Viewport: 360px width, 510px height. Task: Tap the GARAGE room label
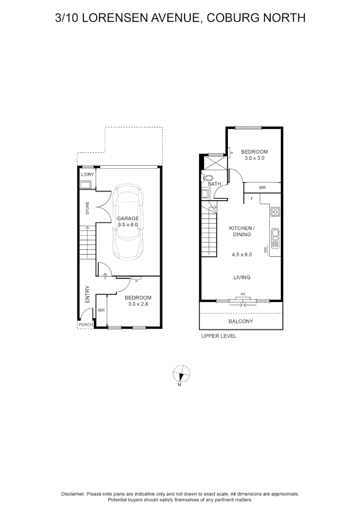coord(128,218)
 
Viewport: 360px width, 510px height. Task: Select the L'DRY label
coord(87,175)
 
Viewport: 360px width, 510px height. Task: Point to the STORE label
coord(87,208)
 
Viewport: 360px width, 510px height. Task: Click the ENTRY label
coord(87,295)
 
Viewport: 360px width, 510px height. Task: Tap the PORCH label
coord(85,324)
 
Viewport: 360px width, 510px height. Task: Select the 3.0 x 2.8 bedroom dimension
coord(138,305)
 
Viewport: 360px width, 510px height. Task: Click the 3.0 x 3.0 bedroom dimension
coord(254,159)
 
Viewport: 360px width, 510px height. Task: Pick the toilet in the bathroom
coord(208,178)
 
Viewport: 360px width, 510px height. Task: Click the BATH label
coord(214,184)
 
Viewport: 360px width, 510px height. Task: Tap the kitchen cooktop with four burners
coord(275,212)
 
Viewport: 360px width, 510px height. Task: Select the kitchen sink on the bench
coord(276,235)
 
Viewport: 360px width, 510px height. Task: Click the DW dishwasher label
coord(266,250)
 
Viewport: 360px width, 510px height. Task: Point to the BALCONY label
coord(241,322)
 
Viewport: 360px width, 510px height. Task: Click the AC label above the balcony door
coord(243,294)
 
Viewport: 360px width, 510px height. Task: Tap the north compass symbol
coord(181,374)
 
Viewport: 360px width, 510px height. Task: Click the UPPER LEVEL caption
coord(218,336)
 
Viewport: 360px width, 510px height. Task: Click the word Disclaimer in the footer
coord(73,493)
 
